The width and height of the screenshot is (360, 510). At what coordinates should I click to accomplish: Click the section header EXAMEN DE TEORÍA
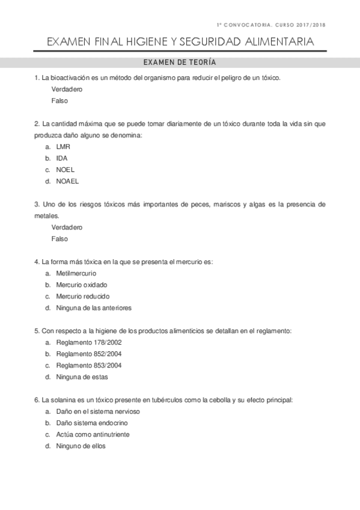click(180, 63)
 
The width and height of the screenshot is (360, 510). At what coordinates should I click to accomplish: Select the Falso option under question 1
click(59, 100)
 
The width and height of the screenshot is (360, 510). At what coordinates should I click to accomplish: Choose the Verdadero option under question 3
click(67, 227)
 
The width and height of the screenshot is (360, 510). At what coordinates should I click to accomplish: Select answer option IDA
click(62, 158)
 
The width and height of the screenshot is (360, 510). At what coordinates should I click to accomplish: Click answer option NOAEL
click(67, 181)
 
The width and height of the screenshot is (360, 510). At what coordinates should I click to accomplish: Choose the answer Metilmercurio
click(76, 273)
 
